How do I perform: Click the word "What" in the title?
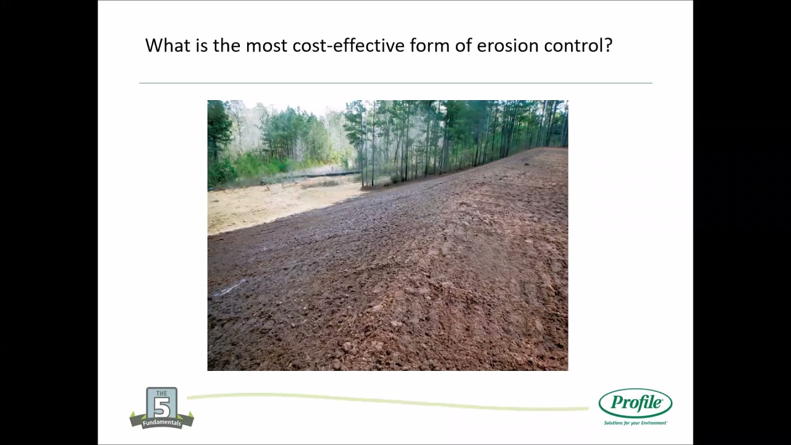[164, 46]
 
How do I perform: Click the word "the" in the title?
[226, 46]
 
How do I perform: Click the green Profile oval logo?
[635, 404]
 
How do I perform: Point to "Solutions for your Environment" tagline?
[635, 423]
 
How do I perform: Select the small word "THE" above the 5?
[162, 394]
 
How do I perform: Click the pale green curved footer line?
[383, 401]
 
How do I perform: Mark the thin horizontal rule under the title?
[395, 83]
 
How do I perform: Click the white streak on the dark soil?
[230, 288]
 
